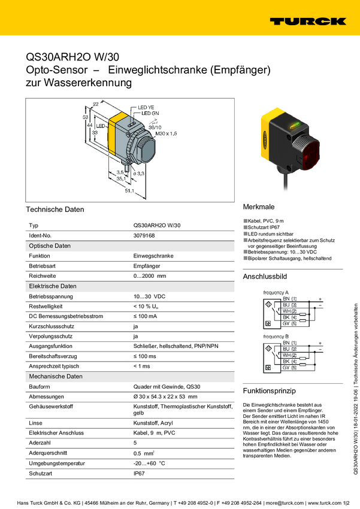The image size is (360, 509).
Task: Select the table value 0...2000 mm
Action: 149,275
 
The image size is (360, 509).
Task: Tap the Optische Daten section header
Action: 50,246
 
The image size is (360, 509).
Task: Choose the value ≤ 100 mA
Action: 145,316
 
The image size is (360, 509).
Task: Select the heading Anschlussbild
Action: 265,277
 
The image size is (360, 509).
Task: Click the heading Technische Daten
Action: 55,210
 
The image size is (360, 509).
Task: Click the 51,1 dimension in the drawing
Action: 128,191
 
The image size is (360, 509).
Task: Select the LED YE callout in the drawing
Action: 146,107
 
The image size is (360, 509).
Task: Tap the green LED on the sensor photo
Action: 294,126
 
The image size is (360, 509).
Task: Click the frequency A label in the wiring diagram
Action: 276,292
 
